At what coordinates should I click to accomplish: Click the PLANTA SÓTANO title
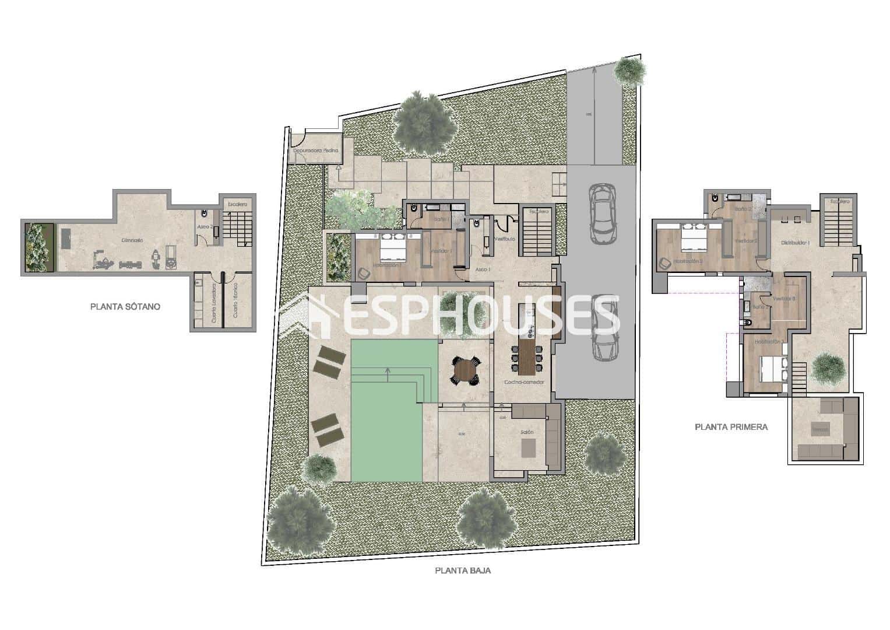tap(125, 306)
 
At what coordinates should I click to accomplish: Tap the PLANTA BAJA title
tap(463, 570)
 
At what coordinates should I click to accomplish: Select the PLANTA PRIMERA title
tap(731, 426)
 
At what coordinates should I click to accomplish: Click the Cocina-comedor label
tap(525, 382)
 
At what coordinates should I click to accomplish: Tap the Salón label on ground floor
tap(527, 432)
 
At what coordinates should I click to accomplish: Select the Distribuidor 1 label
tap(795, 242)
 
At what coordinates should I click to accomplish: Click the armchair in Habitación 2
tap(665, 263)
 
